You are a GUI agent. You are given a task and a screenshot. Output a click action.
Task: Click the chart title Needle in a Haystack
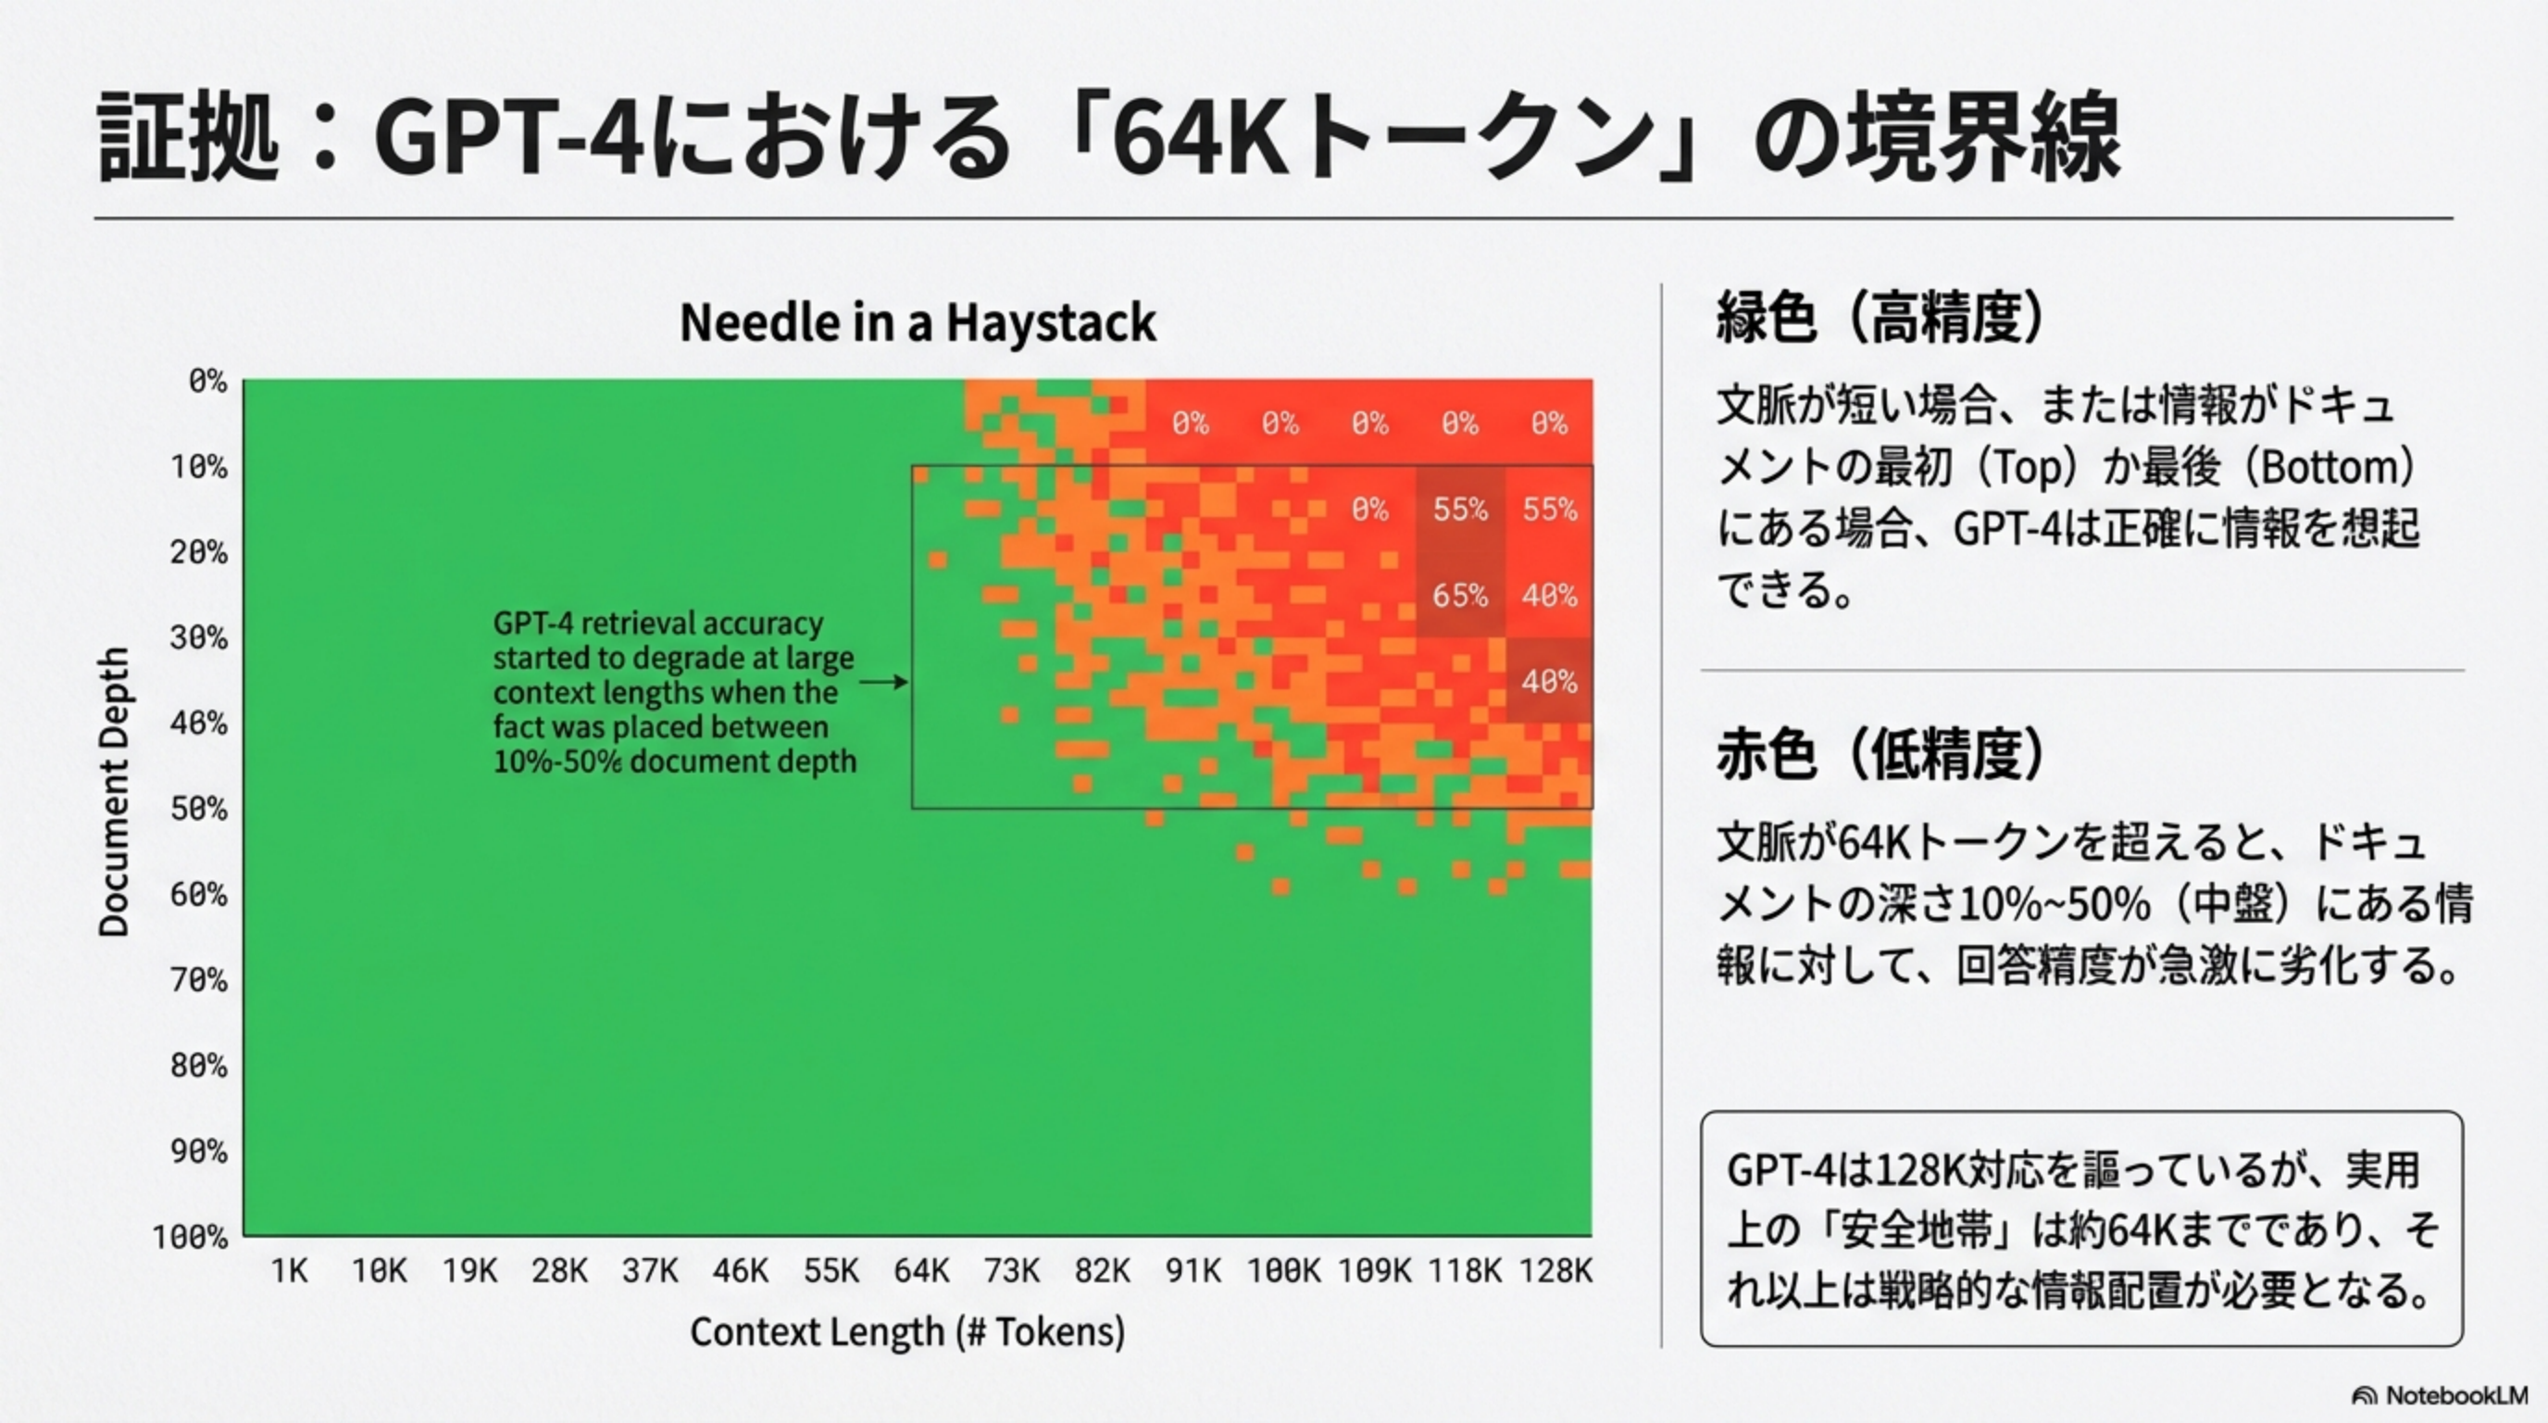point(917,322)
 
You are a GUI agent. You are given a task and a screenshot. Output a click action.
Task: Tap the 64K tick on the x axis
point(921,1271)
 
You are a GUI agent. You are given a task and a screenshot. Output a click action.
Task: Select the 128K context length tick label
point(1555,1271)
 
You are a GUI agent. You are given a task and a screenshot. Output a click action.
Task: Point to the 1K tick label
point(289,1271)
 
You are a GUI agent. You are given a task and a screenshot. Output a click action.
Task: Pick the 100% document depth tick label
point(190,1237)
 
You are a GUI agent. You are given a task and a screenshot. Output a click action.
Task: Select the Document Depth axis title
point(114,792)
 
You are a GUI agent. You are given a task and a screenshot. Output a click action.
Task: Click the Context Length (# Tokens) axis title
point(907,1332)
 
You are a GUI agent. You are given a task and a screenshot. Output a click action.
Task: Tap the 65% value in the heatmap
point(1460,596)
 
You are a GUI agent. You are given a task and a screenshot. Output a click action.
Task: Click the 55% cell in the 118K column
point(1460,510)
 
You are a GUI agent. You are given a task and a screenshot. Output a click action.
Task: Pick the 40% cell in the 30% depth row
point(1549,682)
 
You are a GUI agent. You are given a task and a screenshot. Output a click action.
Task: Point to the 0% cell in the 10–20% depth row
point(1370,510)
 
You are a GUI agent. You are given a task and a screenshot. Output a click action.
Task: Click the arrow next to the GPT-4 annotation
point(883,682)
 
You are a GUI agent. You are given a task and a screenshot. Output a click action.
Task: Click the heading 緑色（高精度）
point(1880,318)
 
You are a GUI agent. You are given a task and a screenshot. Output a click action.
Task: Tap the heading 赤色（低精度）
point(1880,755)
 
